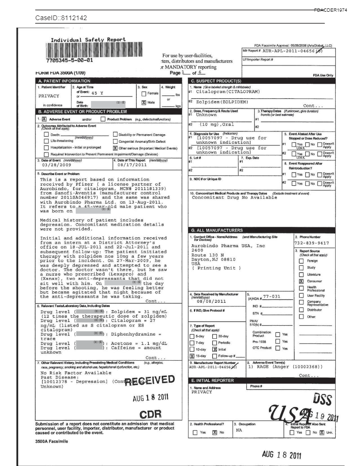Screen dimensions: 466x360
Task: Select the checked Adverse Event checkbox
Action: [x=45, y=119]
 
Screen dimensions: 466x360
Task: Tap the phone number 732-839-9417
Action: [x=312, y=243]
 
